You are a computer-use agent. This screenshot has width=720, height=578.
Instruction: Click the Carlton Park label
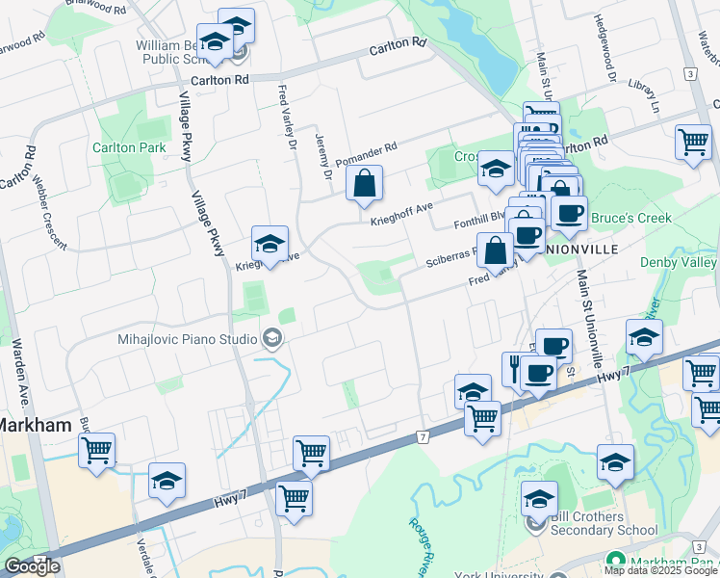tap(128, 147)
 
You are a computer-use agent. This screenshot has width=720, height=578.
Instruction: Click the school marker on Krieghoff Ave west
tap(270, 245)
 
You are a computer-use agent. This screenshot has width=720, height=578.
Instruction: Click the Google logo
tap(32, 566)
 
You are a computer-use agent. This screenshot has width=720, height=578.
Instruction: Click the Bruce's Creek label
tap(630, 219)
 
